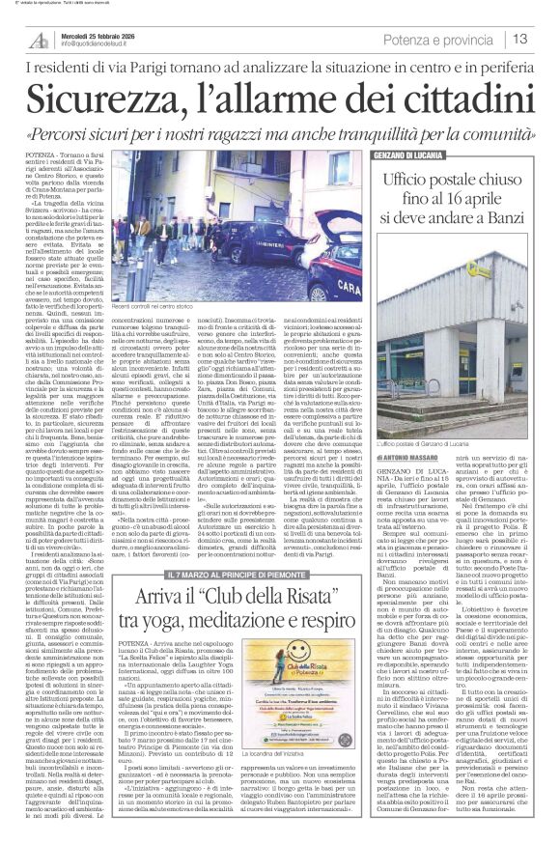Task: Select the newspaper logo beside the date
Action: (40, 40)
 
